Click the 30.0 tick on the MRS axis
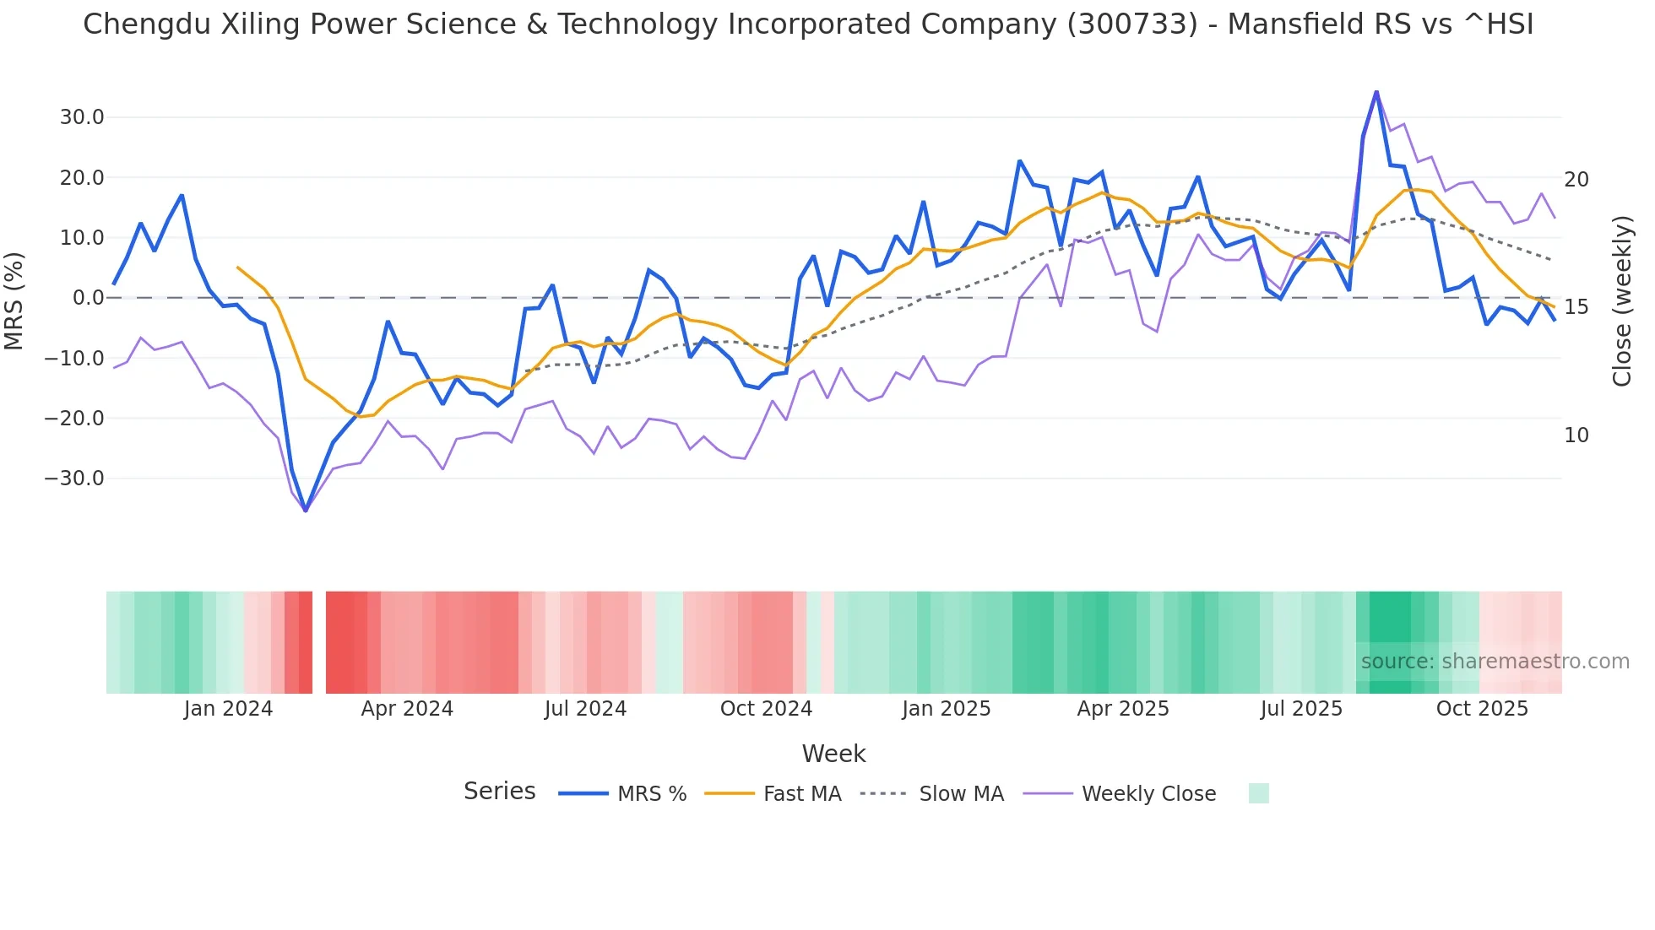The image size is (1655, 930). [x=81, y=117]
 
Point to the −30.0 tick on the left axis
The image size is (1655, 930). [x=74, y=479]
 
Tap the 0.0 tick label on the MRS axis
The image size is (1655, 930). [x=88, y=298]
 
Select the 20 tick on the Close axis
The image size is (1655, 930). [x=1576, y=180]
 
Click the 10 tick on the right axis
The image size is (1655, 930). [x=1576, y=435]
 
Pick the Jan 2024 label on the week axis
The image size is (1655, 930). [x=228, y=709]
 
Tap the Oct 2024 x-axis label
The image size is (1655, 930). [x=766, y=709]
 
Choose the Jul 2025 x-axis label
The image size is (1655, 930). [x=1301, y=709]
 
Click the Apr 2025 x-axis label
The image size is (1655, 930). [x=1123, y=709]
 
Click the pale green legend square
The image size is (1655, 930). [x=1258, y=793]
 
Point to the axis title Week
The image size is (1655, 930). [x=833, y=754]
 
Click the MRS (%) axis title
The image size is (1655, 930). [x=14, y=300]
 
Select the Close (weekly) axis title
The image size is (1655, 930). [x=1622, y=300]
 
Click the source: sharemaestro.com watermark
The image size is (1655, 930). [x=1495, y=662]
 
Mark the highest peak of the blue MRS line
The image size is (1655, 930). [x=1376, y=91]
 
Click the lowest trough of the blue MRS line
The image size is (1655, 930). [x=306, y=511]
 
